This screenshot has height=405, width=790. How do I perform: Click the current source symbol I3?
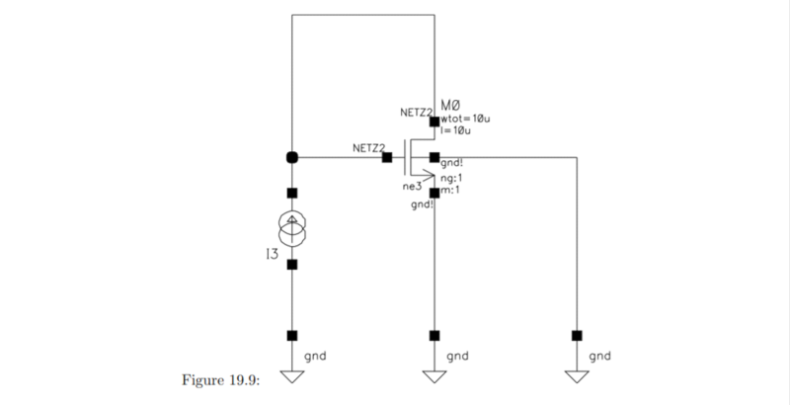291,228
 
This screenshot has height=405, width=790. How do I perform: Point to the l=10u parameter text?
455,130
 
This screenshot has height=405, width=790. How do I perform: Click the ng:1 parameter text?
453,178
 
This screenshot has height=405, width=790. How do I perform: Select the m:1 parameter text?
451,190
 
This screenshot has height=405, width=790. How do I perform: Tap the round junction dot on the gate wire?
291,157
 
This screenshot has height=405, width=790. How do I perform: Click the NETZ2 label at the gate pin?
366,147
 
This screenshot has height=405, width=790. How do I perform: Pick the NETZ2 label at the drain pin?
415,113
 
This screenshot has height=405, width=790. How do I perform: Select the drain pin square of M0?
434,121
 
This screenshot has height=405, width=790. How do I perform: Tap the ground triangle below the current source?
291,376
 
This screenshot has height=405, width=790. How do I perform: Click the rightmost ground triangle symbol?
577,376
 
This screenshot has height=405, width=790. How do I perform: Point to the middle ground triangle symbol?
434,376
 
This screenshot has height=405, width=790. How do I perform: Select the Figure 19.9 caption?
219,380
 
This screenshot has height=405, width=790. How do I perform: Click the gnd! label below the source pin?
422,204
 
